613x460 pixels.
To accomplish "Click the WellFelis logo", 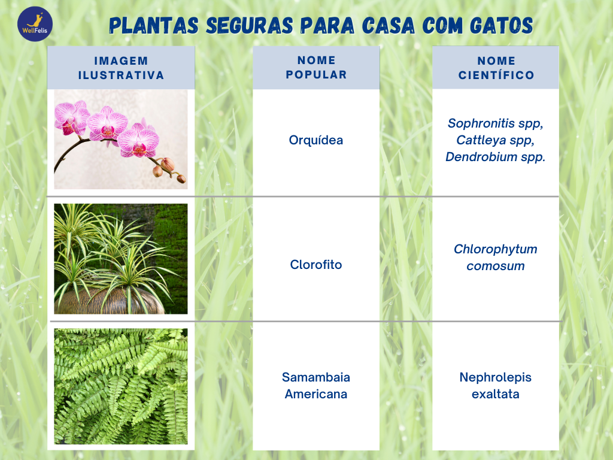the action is tap(35, 24).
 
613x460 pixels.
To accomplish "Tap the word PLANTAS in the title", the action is tap(154, 26).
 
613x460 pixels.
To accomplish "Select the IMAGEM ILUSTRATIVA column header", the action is tap(121, 68).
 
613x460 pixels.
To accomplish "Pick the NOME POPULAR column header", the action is tap(316, 67).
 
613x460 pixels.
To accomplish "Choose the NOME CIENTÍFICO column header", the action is tap(496, 68).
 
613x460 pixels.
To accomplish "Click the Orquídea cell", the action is tap(316, 140).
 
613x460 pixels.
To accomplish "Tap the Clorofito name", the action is tap(316, 264).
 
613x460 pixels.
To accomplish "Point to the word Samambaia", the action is tap(316, 377).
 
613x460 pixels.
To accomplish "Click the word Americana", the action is tap(316, 394).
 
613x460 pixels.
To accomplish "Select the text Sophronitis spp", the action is tap(495, 123).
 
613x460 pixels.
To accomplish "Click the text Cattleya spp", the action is tap(495, 140).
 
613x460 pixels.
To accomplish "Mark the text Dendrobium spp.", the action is tap(495, 157).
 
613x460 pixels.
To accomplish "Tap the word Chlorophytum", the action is tap(495, 249).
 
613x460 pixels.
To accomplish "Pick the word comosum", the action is tap(495, 266).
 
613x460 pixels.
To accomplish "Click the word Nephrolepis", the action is tap(495, 377).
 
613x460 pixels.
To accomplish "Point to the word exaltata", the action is tap(495, 394).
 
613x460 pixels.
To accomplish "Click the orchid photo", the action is tap(121, 139).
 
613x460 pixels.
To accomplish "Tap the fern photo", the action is tap(121, 386).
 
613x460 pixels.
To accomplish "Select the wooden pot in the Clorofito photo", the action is tap(109, 301).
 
